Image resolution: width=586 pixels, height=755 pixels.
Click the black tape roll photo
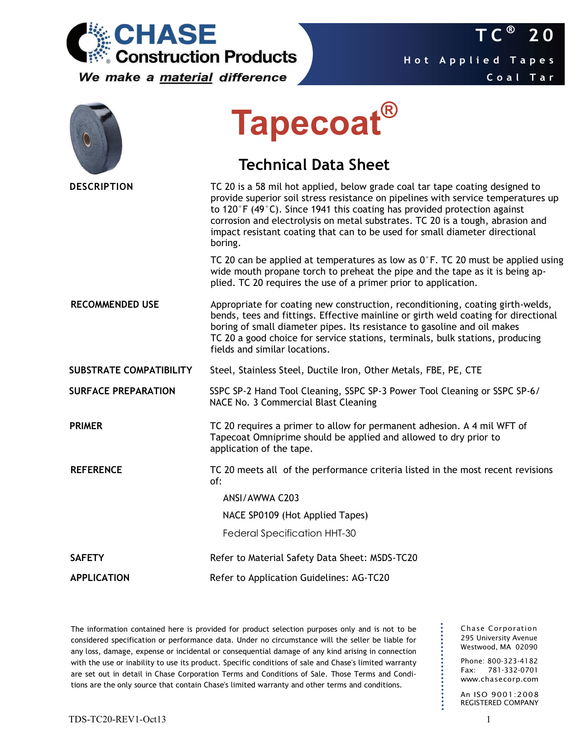pos(96,138)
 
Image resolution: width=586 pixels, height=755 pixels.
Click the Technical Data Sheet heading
pos(314,165)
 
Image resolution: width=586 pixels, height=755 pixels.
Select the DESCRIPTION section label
pos(101,187)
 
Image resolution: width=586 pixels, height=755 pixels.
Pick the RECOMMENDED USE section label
pos(115,305)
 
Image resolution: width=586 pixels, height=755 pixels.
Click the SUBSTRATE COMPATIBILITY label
pos(130,370)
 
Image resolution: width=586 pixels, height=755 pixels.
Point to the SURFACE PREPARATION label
pos(122,391)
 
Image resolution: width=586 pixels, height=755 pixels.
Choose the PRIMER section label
pos(86,426)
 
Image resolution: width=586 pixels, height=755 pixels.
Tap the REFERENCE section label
pos(96,470)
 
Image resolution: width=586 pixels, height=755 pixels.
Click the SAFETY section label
pos(87,558)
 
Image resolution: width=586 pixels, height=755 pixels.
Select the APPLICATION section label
pos(100,578)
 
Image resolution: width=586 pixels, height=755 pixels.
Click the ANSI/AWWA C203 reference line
pos(261,498)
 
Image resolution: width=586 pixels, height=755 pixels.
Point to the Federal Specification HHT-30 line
pos(289,533)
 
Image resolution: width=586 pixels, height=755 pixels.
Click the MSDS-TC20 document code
pos(394,558)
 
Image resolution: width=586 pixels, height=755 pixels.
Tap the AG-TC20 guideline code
pos(370,578)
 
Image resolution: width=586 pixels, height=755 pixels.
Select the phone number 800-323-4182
pos(512,661)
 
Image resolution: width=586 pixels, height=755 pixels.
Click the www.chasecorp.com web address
pos(499,679)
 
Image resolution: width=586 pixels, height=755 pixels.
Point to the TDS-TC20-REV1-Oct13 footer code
pos(117,719)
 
